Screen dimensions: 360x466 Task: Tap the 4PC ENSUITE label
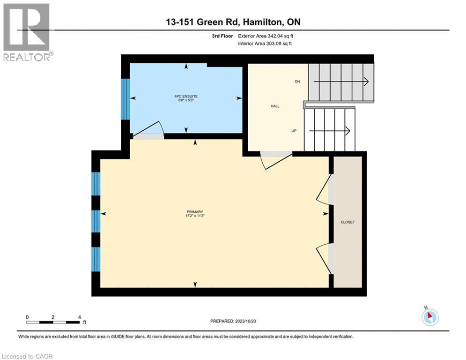click(x=186, y=97)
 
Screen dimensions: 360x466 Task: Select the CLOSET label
click(x=348, y=222)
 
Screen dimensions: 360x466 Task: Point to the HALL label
click(x=275, y=106)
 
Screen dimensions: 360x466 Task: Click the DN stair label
click(x=297, y=82)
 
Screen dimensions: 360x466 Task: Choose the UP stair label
click(x=294, y=131)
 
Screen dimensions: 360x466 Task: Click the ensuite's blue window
click(x=125, y=99)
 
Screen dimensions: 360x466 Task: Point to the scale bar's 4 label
click(x=79, y=317)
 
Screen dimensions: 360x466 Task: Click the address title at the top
click(x=233, y=22)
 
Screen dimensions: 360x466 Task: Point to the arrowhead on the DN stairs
click(x=366, y=82)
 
